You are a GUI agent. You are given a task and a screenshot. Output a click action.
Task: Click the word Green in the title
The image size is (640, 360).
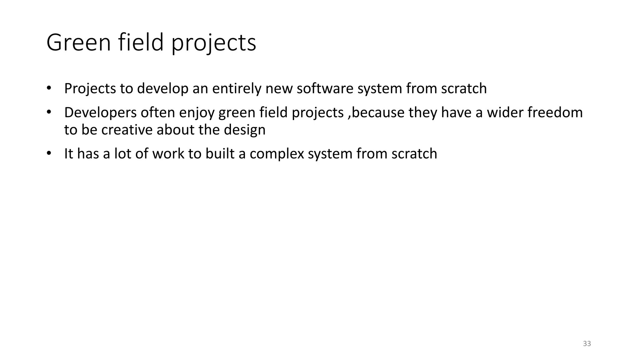tap(78, 42)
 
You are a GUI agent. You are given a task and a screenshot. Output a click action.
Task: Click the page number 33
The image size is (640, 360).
tap(587, 344)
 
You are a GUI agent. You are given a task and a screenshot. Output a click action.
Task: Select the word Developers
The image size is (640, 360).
tap(100, 112)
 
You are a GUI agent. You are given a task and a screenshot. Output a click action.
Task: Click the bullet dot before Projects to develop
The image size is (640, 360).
tap(48, 88)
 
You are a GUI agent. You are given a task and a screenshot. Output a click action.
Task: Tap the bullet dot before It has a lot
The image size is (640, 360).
tap(48, 154)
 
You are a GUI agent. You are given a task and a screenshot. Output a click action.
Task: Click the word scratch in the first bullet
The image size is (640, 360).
tap(464, 88)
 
